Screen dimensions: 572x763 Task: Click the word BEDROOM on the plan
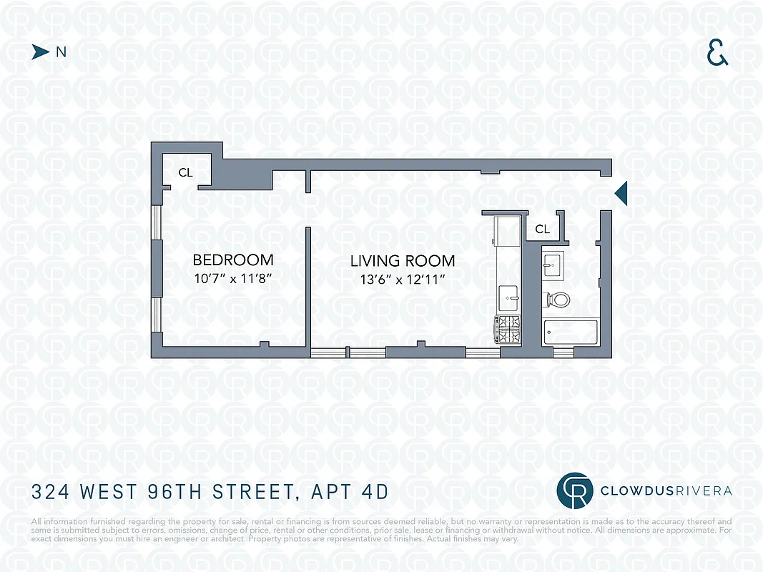click(233, 260)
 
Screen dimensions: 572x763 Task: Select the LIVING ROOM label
click(403, 261)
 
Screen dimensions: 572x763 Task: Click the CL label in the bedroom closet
click(185, 172)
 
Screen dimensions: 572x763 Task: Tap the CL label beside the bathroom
click(543, 230)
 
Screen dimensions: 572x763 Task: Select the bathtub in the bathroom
click(570, 332)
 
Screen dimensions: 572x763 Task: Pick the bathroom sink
click(552, 266)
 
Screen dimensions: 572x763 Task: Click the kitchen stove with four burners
click(509, 330)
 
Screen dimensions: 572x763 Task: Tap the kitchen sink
click(511, 295)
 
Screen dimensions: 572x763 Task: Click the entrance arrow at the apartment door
click(621, 192)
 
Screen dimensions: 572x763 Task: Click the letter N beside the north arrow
click(61, 51)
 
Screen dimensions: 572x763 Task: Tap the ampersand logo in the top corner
click(717, 53)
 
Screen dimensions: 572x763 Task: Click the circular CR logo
click(575, 490)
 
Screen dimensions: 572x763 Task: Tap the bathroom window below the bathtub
click(563, 352)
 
